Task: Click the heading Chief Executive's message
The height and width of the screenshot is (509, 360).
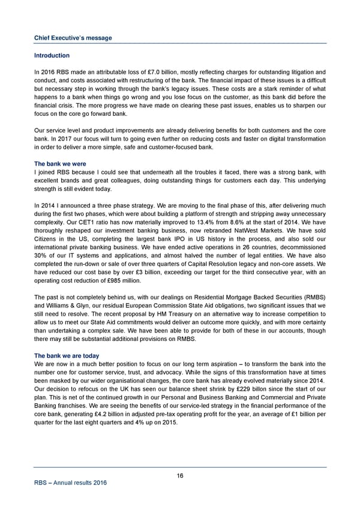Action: (x=73, y=38)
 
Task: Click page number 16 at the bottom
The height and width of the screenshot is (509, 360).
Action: (x=180, y=476)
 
